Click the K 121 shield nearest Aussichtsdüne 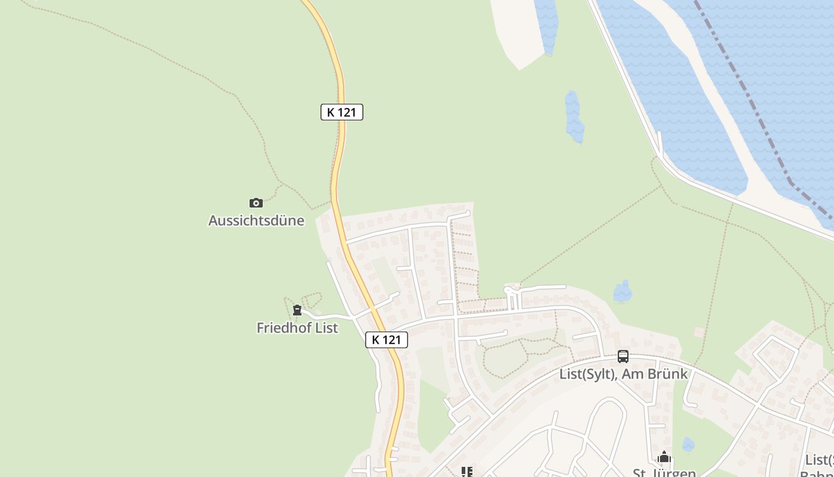pos(341,112)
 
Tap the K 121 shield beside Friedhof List pos(387,340)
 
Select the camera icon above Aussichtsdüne pos(256,203)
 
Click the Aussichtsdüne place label pos(256,221)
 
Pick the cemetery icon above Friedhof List pos(297,310)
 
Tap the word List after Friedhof pos(326,328)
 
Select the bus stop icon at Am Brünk pos(623,356)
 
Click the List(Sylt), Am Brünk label pos(623,374)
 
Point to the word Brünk pos(668,374)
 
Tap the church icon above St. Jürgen pos(664,457)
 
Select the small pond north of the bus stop pos(623,292)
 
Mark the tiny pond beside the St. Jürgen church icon pos(688,444)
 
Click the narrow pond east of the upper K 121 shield pos(574,116)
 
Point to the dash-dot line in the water pos(745,89)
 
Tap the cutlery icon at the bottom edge pos(467,472)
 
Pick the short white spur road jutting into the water pos(659,143)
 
